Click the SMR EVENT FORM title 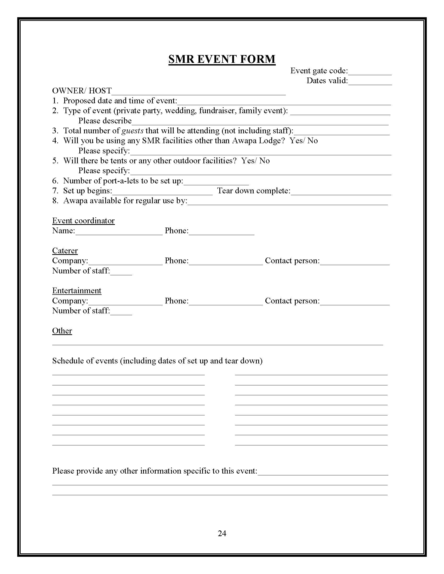[222, 59]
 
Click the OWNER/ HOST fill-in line [198, 92]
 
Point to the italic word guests [132, 131]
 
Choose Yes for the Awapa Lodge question [296, 141]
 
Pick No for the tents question [264, 160]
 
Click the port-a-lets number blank [216, 181]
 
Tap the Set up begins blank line [162, 191]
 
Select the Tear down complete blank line [341, 191]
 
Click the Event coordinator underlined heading [83, 220]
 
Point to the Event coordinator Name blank [119, 231]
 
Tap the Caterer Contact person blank [355, 261]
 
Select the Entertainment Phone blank [226, 301]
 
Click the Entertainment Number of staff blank [121, 312]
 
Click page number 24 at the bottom [222, 533]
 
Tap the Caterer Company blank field [125, 261]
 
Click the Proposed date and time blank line [284, 101]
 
